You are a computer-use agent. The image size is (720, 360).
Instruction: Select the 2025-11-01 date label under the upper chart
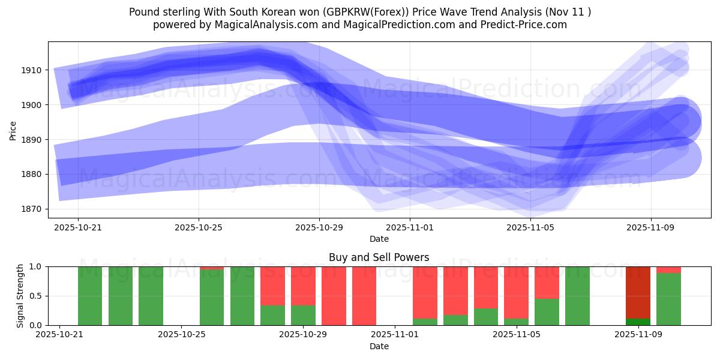click(x=409, y=228)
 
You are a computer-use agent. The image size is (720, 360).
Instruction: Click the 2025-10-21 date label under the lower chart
click(x=59, y=335)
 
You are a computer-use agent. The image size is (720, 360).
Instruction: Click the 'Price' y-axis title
click(x=13, y=130)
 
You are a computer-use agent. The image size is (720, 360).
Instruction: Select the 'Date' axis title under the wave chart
click(x=379, y=239)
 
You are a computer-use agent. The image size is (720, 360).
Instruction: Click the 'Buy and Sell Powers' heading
click(x=379, y=257)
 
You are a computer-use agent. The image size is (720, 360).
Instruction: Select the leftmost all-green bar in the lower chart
click(x=90, y=296)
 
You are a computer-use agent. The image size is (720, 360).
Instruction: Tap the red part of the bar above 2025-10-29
click(x=303, y=286)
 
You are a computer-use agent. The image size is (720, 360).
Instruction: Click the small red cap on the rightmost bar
click(x=668, y=269)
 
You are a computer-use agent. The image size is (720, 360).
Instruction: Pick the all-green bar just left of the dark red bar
click(x=577, y=296)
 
